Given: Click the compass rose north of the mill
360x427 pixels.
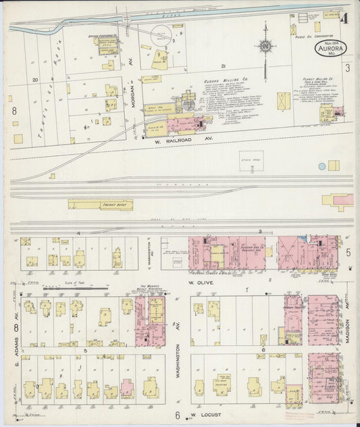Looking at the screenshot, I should click(x=265, y=46).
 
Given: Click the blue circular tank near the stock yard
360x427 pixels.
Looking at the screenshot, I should click(x=322, y=166).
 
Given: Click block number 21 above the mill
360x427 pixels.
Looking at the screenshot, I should click(x=222, y=66).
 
